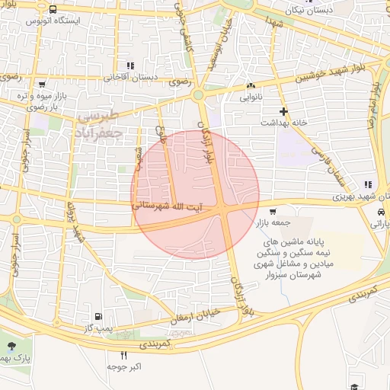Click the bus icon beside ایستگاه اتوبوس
click(x=52, y=10)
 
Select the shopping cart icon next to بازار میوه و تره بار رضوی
click(x=42, y=84)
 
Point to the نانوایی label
click(x=251, y=97)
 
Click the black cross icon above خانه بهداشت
click(x=283, y=110)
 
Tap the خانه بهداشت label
click(x=283, y=122)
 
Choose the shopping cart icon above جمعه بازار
click(x=273, y=212)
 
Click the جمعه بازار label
click(x=273, y=223)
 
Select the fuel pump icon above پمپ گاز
click(x=97, y=316)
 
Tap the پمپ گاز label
click(x=97, y=328)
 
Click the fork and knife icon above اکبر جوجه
click(x=124, y=355)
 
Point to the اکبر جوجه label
click(x=124, y=366)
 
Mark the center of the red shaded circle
click(x=195, y=195)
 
